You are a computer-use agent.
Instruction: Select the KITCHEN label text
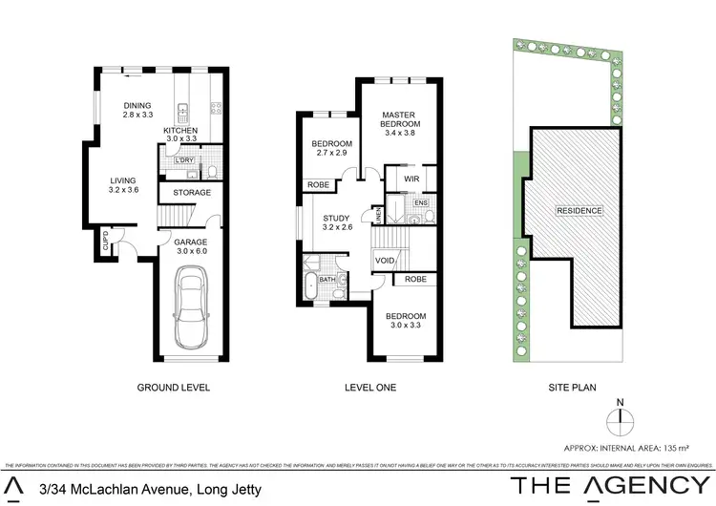[180, 130]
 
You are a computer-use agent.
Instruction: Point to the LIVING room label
[122, 180]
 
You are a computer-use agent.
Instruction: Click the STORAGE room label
[192, 193]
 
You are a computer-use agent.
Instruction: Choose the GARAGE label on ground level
[191, 242]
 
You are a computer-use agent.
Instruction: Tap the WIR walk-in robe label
[412, 179]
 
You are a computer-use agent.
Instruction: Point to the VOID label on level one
[386, 261]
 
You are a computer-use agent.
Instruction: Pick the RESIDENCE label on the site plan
[579, 211]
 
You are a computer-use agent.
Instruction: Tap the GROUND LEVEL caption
[173, 388]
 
